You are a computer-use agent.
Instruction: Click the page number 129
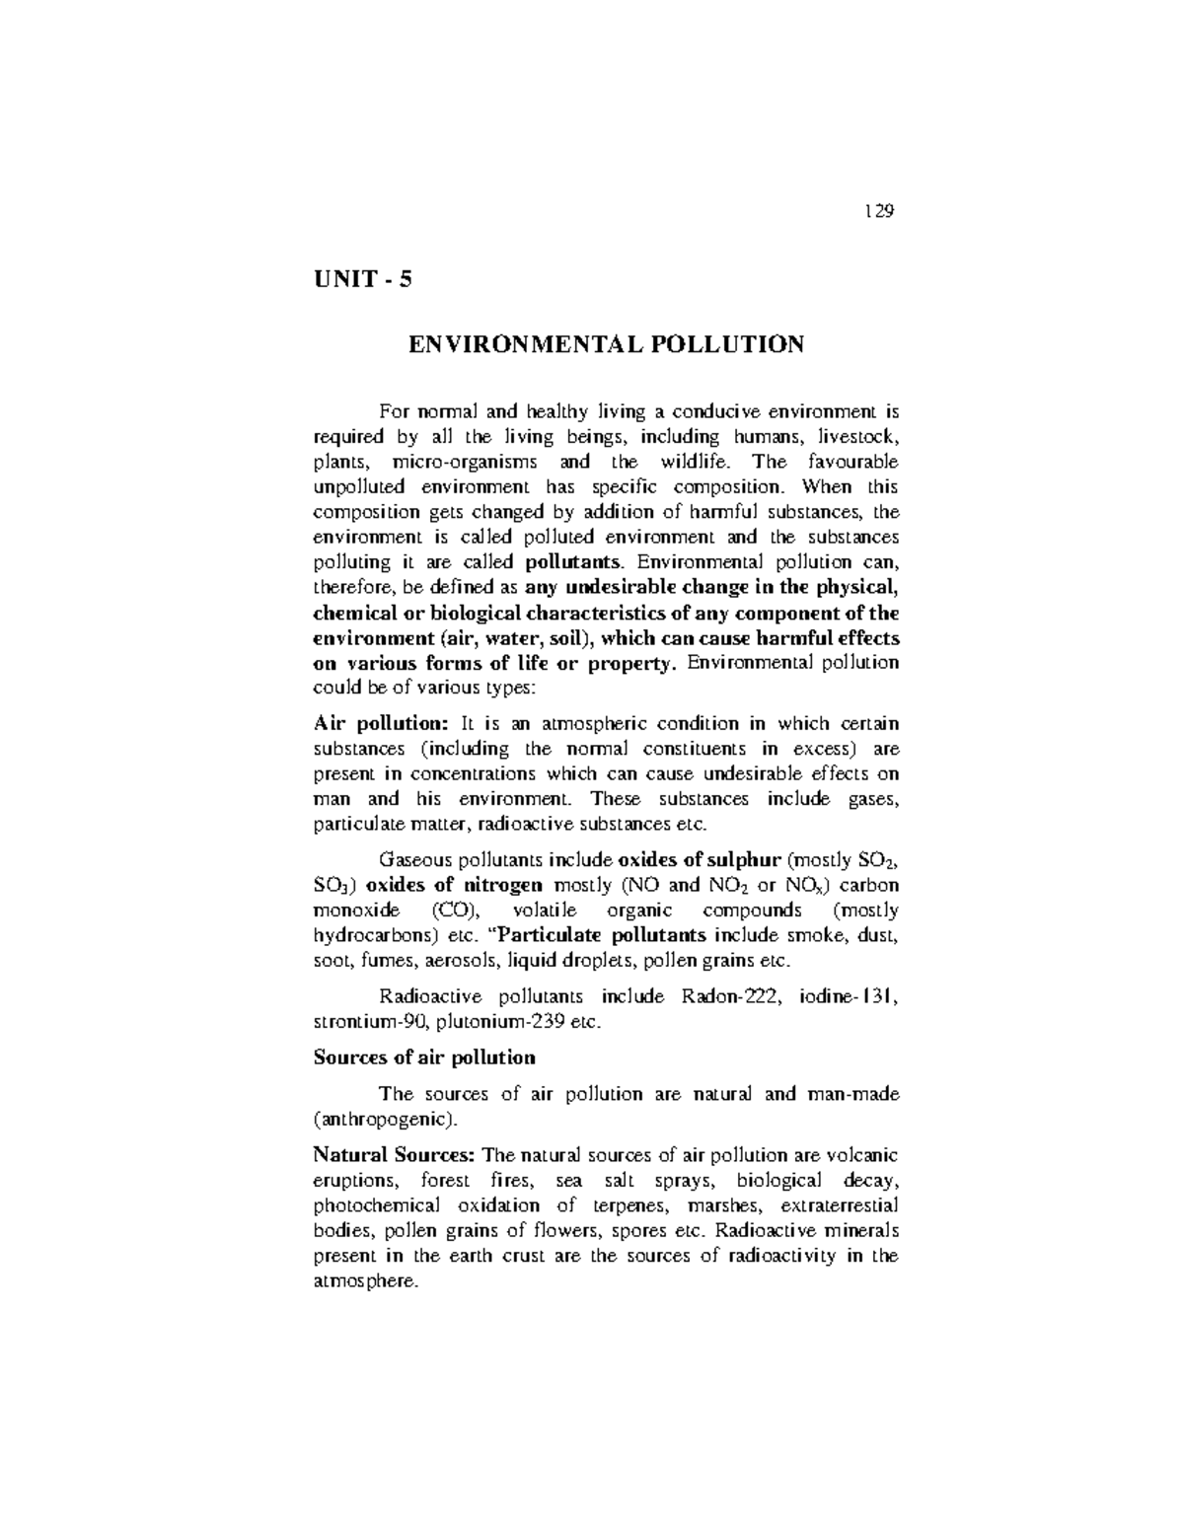coord(878,211)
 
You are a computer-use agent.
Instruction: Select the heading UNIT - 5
coord(362,280)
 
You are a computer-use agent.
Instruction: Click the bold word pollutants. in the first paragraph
coord(575,562)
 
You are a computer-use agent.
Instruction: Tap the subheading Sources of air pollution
coord(424,1058)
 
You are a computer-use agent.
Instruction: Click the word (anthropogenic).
coord(386,1120)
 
